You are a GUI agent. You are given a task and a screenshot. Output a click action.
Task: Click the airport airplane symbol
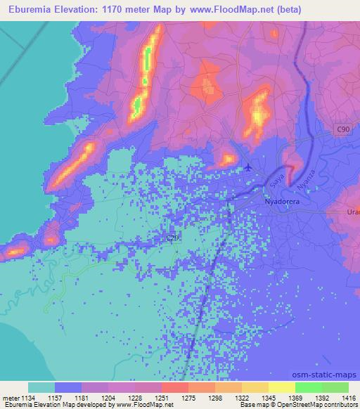[248, 167]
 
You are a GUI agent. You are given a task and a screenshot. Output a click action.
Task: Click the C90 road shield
[342, 130]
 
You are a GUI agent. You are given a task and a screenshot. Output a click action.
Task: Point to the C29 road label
[173, 238]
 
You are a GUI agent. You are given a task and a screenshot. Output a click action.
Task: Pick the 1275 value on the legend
[187, 398]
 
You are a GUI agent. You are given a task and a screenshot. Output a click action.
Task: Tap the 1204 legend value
[107, 398]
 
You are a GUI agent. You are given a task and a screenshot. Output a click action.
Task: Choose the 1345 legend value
[268, 398]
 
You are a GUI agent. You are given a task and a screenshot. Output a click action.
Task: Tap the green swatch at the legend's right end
[335, 387]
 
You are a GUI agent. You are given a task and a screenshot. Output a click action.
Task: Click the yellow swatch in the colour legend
[281, 387]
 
